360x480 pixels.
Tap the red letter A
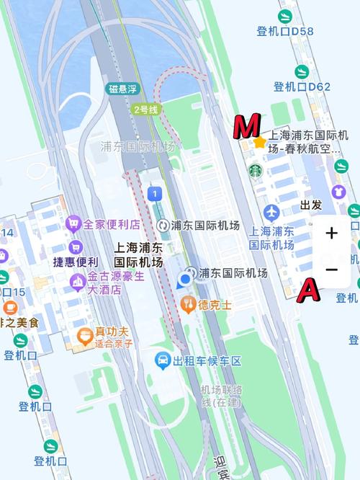pos(308,290)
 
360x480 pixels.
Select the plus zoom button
pos(331,234)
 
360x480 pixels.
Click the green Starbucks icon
pos(256,171)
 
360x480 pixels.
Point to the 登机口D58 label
pos(285,31)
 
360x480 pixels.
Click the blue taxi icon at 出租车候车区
pos(163,360)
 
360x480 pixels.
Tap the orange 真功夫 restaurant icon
pos(84,335)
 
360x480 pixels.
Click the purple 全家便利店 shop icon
pos(73,224)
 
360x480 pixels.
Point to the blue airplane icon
pos(271,213)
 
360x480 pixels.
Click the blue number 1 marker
pos(153,193)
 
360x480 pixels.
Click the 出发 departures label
pos(311,205)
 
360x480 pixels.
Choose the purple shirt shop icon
pos(338,192)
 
